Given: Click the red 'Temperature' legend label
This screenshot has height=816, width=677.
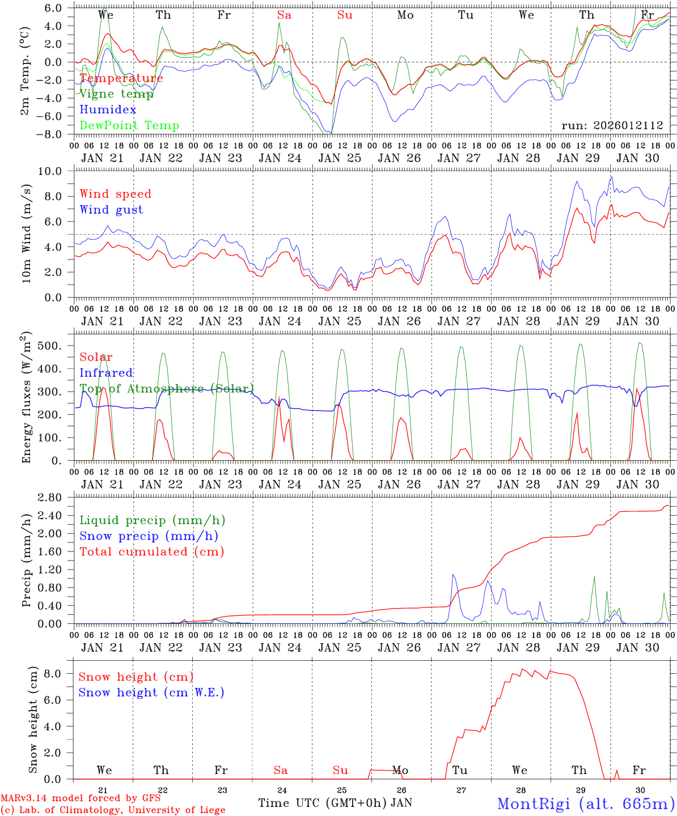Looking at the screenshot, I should click(x=121, y=78).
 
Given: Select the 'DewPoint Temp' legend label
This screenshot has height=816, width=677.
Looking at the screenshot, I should click(x=129, y=126).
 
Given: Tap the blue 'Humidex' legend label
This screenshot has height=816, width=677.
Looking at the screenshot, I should click(x=108, y=110).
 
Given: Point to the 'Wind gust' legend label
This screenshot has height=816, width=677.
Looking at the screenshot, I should click(x=111, y=210).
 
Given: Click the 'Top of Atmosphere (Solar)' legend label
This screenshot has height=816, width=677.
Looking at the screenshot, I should click(x=167, y=389).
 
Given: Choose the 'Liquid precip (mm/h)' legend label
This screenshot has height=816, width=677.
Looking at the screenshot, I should click(x=152, y=520).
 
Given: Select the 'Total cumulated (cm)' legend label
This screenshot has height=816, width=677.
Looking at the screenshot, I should click(x=151, y=551).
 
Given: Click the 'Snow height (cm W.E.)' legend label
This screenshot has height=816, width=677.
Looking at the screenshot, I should click(x=151, y=692).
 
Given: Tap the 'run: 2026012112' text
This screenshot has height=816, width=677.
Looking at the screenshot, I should click(x=612, y=126).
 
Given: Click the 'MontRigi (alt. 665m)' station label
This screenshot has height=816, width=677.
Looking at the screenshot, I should click(x=586, y=803).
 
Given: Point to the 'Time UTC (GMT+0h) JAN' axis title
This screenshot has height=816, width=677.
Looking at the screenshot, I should click(x=335, y=803).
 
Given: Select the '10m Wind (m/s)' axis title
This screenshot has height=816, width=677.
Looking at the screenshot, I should click(x=26, y=232).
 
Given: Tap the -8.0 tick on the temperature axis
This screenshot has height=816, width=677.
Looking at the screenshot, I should click(x=56, y=135).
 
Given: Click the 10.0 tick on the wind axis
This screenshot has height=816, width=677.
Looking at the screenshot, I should click(x=56, y=171).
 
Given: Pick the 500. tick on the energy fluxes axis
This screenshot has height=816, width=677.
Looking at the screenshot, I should click(x=57, y=346).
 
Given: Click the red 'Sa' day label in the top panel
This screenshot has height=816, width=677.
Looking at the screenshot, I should click(x=284, y=15).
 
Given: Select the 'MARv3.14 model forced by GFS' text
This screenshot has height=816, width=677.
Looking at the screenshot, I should click(x=81, y=798).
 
